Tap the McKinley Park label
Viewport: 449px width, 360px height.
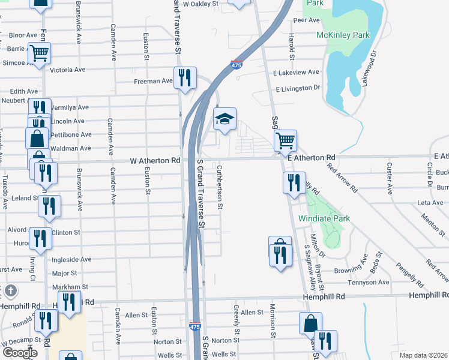[x=343, y=35]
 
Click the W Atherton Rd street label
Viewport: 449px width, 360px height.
[x=155, y=161]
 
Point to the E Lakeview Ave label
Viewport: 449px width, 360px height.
[x=296, y=73]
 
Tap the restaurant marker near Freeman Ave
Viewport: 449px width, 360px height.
[x=185, y=78]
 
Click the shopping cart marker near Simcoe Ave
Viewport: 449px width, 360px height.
[x=40, y=53]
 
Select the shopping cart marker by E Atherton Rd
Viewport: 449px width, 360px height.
[x=285, y=141]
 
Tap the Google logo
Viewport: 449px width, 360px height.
[x=20, y=353]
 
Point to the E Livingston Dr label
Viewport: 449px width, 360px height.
[x=298, y=88]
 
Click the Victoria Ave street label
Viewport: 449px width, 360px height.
[x=68, y=70]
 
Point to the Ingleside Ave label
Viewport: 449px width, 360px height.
[x=72, y=259]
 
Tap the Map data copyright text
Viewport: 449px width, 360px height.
[x=423, y=355]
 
